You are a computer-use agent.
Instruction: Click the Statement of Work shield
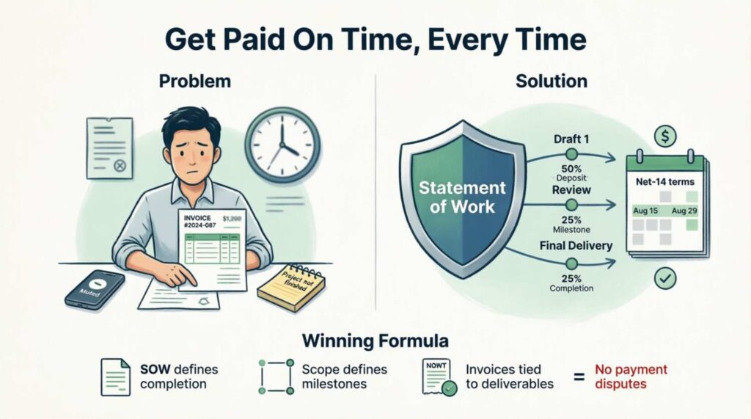[461, 194]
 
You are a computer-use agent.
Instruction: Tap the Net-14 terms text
[665, 180]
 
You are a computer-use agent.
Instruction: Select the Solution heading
[552, 81]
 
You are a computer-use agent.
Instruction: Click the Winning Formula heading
[375, 341]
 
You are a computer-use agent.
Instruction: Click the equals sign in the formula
[578, 377]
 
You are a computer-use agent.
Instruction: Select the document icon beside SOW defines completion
[114, 376]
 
